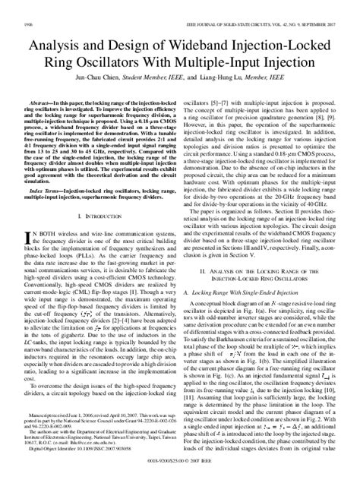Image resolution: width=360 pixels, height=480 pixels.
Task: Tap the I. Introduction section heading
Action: click(x=95, y=216)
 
